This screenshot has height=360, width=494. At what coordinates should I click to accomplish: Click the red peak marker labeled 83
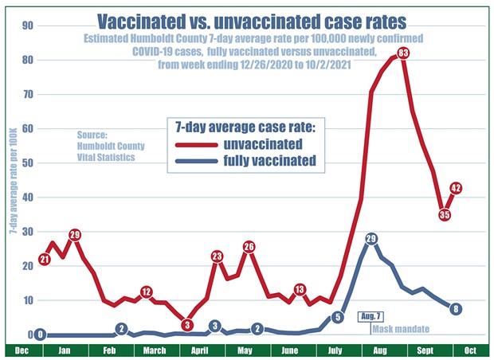tap(403, 53)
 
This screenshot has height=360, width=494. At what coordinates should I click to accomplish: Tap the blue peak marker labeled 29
tap(370, 238)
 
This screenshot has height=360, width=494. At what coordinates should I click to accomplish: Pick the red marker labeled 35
tap(445, 213)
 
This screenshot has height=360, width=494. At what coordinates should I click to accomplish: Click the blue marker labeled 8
tap(455, 309)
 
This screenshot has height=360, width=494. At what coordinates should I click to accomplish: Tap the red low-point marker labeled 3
tap(186, 324)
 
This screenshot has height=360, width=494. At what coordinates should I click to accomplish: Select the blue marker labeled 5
tap(337, 318)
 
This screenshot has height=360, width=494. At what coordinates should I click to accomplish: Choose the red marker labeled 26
tap(249, 246)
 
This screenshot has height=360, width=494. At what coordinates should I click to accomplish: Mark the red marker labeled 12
tap(146, 292)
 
